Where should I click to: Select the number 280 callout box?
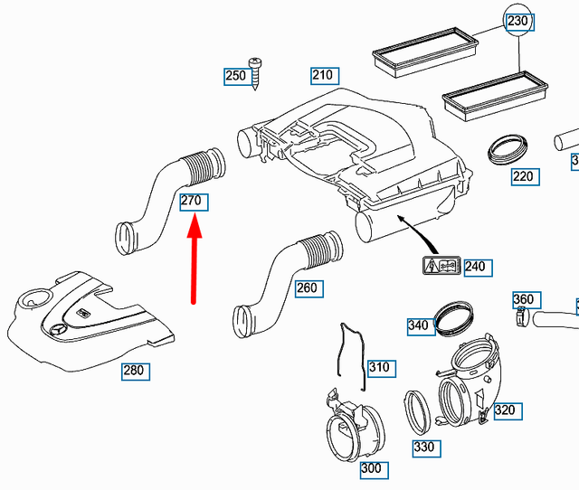[134, 370]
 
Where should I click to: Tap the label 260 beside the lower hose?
[308, 287]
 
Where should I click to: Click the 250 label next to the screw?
[235, 76]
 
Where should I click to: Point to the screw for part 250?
[256, 71]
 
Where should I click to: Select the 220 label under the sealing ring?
[523, 176]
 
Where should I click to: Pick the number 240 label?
[475, 266]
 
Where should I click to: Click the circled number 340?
[418, 325]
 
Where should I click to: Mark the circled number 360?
[523, 299]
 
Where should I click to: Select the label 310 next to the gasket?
[379, 366]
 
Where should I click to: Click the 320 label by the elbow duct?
[504, 410]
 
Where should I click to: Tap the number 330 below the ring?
[423, 447]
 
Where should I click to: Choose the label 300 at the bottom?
[371, 468]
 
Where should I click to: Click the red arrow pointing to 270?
[195, 262]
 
